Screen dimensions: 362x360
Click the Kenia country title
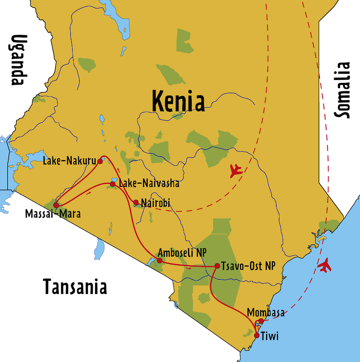pyautogui.click(x=178, y=101)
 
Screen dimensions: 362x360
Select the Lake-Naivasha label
pyautogui.click(x=149, y=184)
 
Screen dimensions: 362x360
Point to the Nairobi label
pyautogui.click(x=155, y=203)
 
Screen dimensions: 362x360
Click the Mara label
pyautogui.click(x=70, y=214)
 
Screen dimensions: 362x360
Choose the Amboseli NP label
pyautogui.click(x=182, y=252)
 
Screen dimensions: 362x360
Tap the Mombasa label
pyautogui.click(x=265, y=312)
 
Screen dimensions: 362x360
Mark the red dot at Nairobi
pyautogui.click(x=136, y=203)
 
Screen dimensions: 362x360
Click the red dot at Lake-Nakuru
pyautogui.click(x=100, y=162)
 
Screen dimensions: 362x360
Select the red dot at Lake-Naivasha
pyautogui.click(x=112, y=184)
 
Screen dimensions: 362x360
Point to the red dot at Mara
pyautogui.click(x=56, y=205)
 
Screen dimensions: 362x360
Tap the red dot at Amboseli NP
pyautogui.click(x=160, y=260)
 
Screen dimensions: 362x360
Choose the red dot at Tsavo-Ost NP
pyautogui.click(x=217, y=266)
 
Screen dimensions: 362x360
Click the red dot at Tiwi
pyautogui.click(x=256, y=335)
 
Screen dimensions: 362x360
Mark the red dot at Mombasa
pyautogui.click(x=261, y=321)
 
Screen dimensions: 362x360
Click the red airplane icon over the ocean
pyautogui.click(x=324, y=266)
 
